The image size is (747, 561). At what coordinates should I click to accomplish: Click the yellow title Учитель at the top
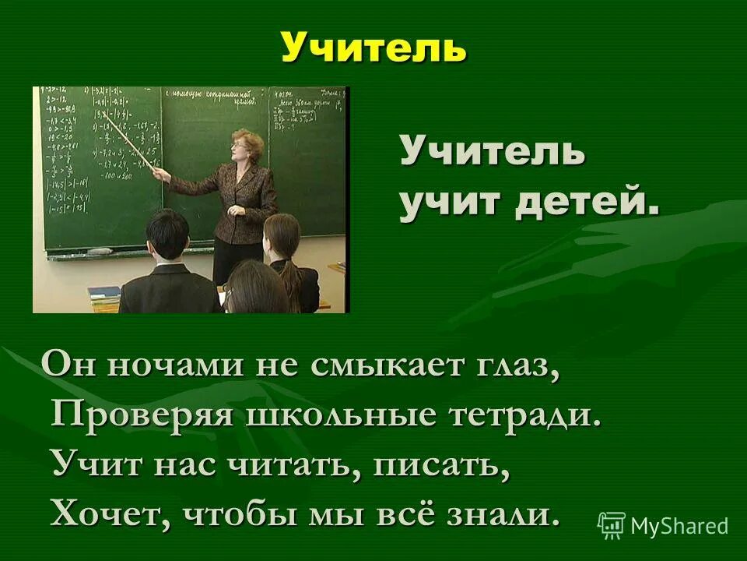click(373, 48)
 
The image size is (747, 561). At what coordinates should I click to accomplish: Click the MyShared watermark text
click(679, 526)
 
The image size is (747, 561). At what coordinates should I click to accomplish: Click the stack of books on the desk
click(104, 295)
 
